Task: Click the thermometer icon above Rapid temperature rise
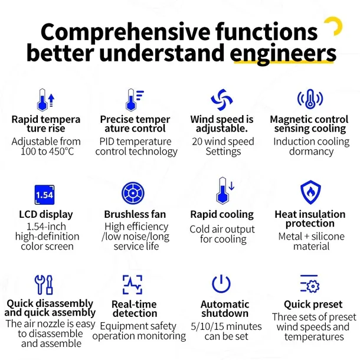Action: tap(45, 100)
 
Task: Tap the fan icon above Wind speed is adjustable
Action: tap(222, 100)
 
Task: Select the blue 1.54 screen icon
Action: tap(44, 195)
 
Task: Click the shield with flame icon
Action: tap(310, 192)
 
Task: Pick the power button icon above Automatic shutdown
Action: tap(221, 284)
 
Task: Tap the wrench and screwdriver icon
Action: tap(44, 284)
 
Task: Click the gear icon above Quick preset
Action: tap(310, 284)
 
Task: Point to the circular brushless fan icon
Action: tap(133, 193)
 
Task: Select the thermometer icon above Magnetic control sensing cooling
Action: tap(310, 99)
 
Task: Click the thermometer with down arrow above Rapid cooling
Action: tap(225, 191)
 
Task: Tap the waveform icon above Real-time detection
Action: tap(132, 284)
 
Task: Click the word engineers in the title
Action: tap(283, 53)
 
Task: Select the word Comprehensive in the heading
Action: tap(125, 32)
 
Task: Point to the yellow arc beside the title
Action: tap(335, 25)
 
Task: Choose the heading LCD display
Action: tap(46, 214)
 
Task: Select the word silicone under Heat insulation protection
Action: tap(328, 236)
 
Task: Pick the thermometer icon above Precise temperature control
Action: tap(135, 100)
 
